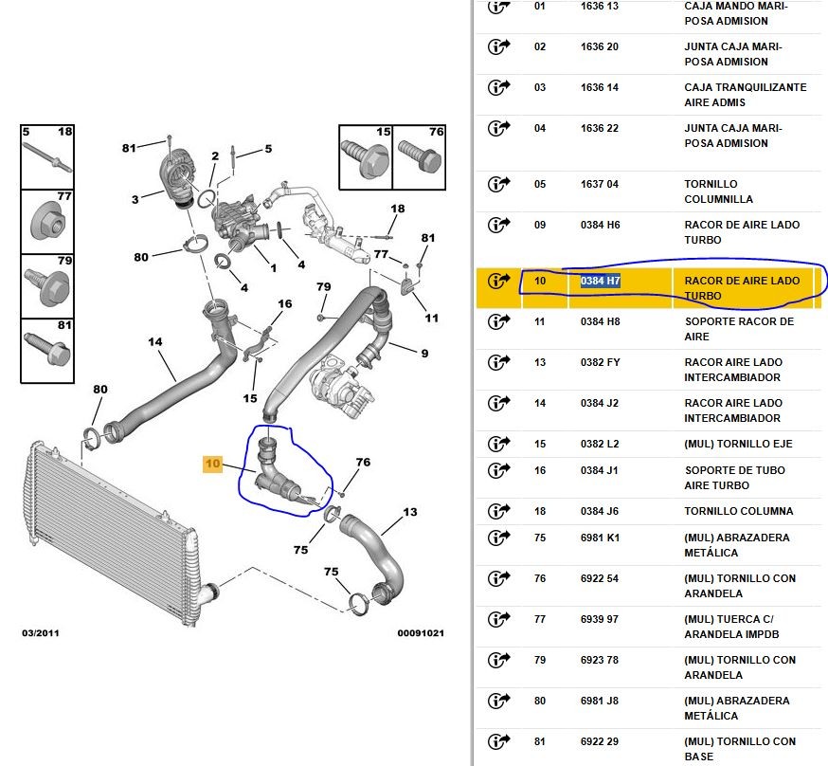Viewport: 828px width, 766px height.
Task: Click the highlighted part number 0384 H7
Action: coord(601,281)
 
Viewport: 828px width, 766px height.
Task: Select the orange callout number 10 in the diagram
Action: coord(212,464)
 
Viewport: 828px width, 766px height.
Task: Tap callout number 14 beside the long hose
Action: coord(155,341)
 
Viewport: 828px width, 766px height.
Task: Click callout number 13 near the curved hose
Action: coord(409,513)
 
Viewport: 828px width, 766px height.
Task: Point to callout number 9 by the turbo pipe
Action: coord(424,354)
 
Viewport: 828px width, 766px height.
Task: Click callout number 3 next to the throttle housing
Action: coord(135,199)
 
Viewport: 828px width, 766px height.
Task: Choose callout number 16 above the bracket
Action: coord(284,304)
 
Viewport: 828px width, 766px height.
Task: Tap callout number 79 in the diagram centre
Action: coord(323,287)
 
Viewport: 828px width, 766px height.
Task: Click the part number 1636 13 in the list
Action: coord(600,6)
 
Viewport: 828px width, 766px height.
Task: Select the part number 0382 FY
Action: coord(601,362)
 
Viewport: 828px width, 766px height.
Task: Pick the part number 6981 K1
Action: coord(600,538)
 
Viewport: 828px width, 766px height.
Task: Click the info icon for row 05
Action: coord(498,184)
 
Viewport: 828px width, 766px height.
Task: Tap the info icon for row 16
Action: coord(498,470)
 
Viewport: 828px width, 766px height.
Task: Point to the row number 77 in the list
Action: coord(540,619)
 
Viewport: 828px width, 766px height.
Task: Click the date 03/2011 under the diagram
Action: coord(40,632)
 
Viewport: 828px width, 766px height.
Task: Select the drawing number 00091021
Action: coord(420,632)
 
